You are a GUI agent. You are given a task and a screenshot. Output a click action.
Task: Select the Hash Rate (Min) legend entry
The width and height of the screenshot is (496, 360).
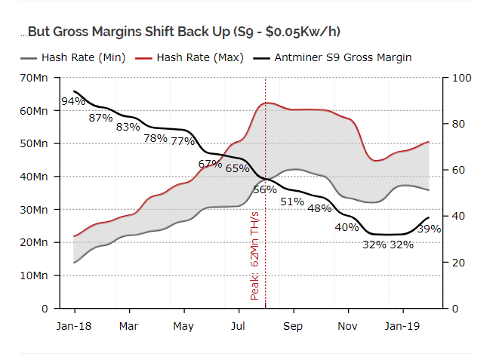tap(84, 57)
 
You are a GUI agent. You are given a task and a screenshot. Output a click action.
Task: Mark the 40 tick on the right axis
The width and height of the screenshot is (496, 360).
tap(459, 217)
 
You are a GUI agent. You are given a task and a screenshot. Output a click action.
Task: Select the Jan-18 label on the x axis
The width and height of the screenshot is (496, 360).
tap(74, 326)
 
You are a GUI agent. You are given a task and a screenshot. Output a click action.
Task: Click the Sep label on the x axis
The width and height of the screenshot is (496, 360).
tap(293, 326)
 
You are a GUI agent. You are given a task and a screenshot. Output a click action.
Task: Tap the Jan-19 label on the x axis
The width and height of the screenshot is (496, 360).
tap(402, 326)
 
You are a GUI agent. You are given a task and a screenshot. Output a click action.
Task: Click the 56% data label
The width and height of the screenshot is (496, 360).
tap(265, 189)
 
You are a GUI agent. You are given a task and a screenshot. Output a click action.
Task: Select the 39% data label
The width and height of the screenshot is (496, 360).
tap(429, 229)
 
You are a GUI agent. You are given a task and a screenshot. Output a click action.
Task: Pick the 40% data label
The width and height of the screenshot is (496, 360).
tap(347, 227)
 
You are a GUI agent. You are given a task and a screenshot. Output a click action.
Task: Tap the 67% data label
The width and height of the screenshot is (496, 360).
tap(210, 163)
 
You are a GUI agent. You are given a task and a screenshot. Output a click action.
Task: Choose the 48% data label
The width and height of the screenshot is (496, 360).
tap(319, 208)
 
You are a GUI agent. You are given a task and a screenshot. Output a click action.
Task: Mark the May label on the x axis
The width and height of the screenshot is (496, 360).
tap(183, 326)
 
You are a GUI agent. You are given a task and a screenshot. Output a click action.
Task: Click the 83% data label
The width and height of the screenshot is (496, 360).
tap(128, 127)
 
